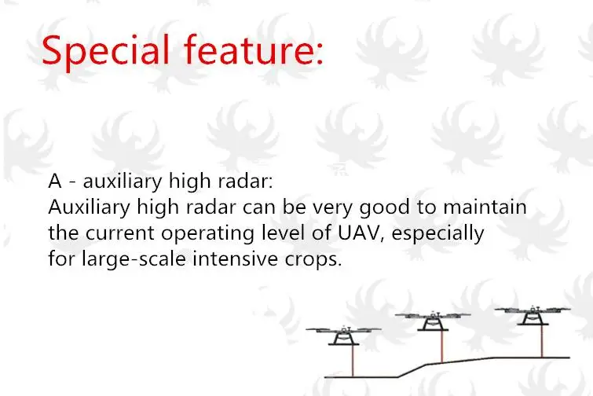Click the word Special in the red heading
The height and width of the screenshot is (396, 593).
click(105, 51)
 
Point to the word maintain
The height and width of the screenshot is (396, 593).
click(485, 207)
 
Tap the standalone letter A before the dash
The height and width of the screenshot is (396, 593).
click(55, 181)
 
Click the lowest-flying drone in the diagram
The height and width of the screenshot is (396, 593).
click(344, 335)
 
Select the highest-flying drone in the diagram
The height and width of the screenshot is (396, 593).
click(533, 315)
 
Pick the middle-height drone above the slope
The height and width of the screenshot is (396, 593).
click(433, 321)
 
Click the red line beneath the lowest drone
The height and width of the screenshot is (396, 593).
click(353, 361)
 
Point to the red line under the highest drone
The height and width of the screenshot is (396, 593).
click(542, 341)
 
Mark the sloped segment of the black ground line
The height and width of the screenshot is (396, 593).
click(412, 371)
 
